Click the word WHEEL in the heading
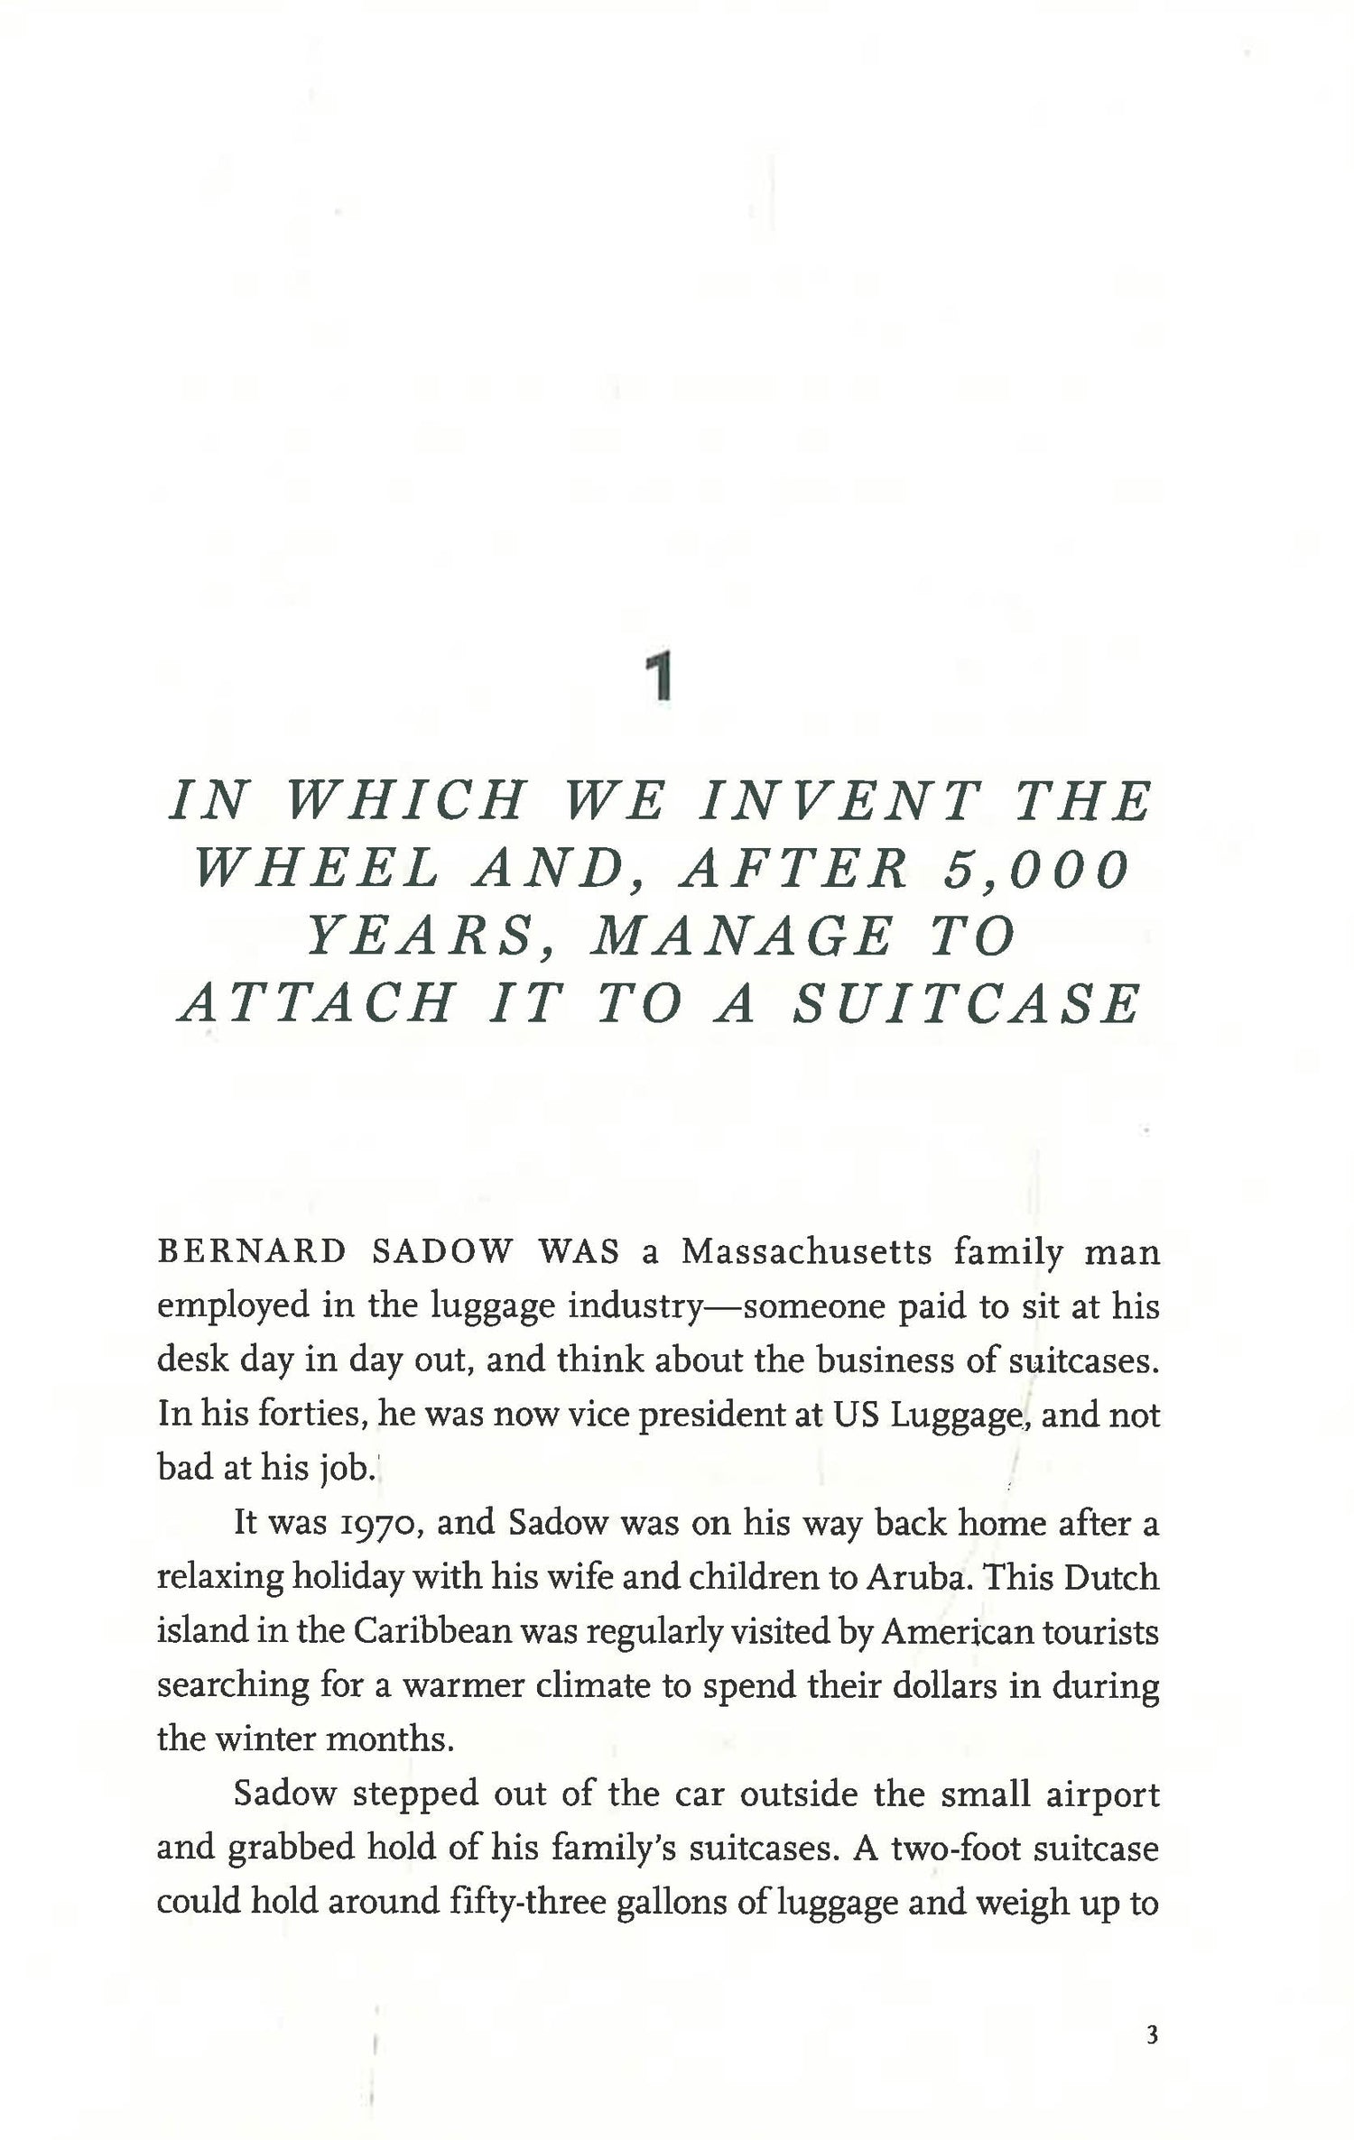click(319, 869)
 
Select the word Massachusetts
click(806, 1252)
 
